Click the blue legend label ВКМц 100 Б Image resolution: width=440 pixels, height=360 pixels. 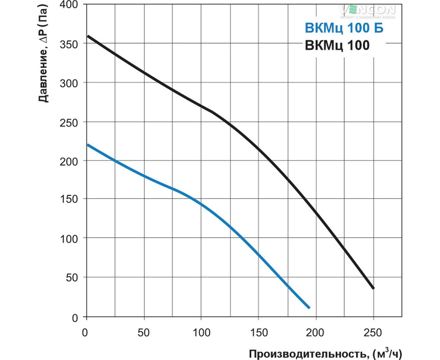pyautogui.click(x=344, y=28)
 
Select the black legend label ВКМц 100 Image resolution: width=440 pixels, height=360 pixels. pyautogui.click(x=337, y=45)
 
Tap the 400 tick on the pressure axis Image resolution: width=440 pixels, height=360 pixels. pyautogui.click(x=69, y=5)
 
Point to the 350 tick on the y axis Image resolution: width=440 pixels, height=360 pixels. pyautogui.click(x=69, y=44)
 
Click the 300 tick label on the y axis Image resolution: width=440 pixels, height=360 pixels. pyautogui.click(x=69, y=83)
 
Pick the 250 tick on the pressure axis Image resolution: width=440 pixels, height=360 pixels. pyautogui.click(x=69, y=123)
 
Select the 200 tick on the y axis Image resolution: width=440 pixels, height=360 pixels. pyautogui.click(x=69, y=161)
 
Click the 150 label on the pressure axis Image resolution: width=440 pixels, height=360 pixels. pyautogui.click(x=69, y=199)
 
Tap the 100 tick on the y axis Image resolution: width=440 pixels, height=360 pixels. pyautogui.click(x=69, y=239)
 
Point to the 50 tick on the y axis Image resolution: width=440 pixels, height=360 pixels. pyautogui.click(x=72, y=278)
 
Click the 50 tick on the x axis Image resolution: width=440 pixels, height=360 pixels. pyautogui.click(x=144, y=333)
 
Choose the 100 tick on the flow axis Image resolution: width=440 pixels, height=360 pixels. pyautogui.click(x=201, y=333)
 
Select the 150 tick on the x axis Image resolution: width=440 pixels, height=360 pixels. pyautogui.click(x=259, y=333)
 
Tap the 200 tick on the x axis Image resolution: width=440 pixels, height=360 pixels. pyautogui.click(x=315, y=333)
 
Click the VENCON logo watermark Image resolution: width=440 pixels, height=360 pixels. pyautogui.click(x=368, y=11)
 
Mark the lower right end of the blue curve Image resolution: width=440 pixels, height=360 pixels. pyautogui.click(x=309, y=308)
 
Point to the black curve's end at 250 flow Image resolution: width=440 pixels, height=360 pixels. pyautogui.click(x=373, y=288)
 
